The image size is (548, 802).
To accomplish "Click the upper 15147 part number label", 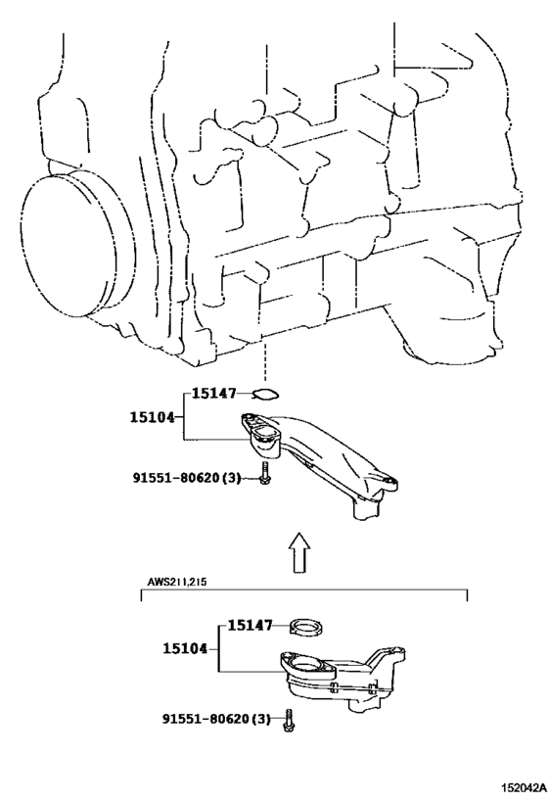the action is point(214,394).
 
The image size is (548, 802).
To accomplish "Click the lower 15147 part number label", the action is point(250,625).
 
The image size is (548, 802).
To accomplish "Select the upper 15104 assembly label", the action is point(152,417).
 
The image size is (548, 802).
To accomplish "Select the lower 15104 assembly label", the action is point(186,648).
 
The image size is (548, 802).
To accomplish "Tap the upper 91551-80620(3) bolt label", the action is point(187,478).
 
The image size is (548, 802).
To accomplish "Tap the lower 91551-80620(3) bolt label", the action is point(216,719).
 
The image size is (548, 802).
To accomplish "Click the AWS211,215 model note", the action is point(177,582).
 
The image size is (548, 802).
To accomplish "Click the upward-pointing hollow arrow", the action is point(299,552).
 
